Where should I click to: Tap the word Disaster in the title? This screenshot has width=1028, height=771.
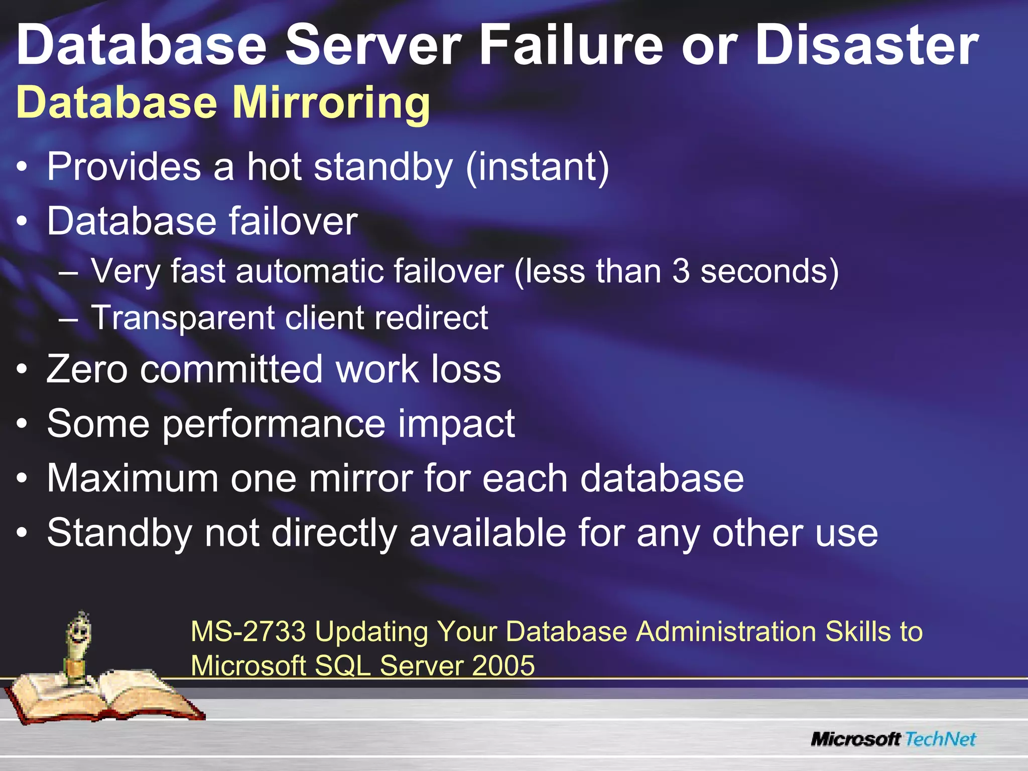pyautogui.click(x=867, y=46)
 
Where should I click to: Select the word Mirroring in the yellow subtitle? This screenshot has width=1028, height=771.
pyautogui.click(x=331, y=103)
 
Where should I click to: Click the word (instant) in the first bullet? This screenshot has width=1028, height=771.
pyautogui.click(x=537, y=168)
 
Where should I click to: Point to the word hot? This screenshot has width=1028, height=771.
pyautogui.click(x=274, y=167)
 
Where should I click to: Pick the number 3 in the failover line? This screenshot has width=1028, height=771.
pyautogui.click(x=681, y=272)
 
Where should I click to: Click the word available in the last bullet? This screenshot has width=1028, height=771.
pyautogui.click(x=488, y=533)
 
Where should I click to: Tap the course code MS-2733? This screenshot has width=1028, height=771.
pyautogui.click(x=248, y=631)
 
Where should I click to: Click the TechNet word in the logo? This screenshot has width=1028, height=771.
pyautogui.click(x=941, y=739)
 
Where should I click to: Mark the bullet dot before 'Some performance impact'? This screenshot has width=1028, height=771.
pyautogui.click(x=22, y=425)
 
